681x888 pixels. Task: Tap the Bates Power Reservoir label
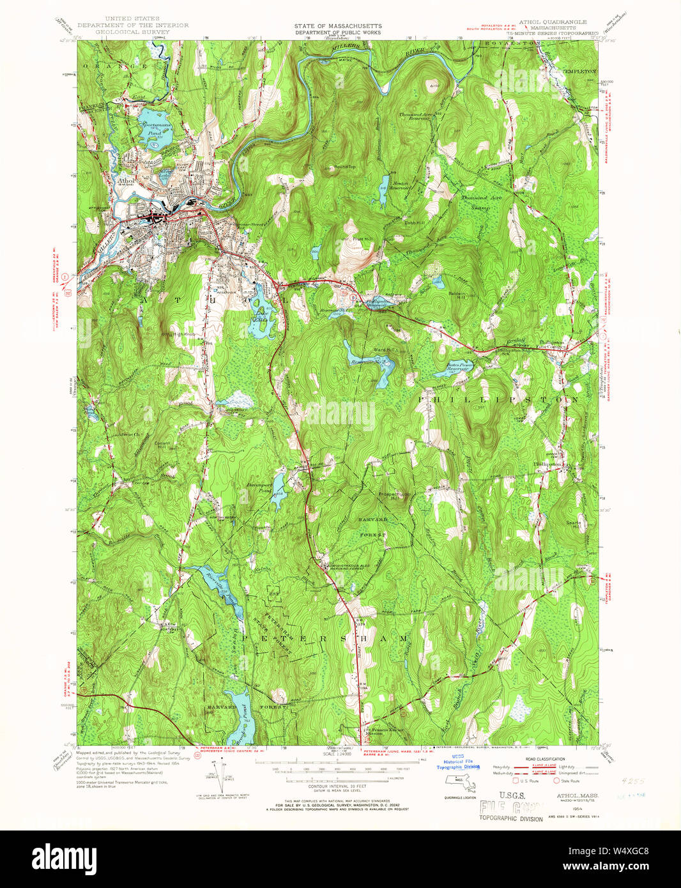tap(459, 367)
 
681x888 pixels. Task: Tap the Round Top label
tap(345, 167)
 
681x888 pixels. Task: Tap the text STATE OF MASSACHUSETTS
tap(338, 26)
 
